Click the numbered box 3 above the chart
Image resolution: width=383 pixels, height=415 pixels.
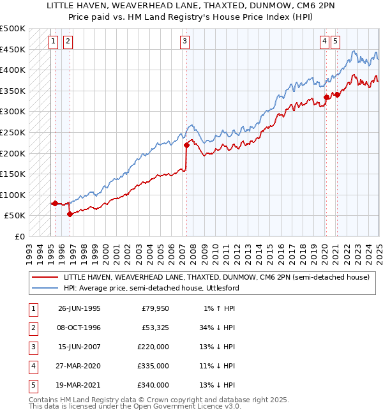click(x=184, y=41)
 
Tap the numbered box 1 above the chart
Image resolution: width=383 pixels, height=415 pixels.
click(x=52, y=41)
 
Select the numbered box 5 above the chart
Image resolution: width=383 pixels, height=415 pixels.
click(x=336, y=41)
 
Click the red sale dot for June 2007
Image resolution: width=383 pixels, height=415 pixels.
click(x=187, y=145)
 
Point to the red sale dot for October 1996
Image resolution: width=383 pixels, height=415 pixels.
click(x=70, y=214)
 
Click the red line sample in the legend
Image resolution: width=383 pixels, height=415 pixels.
click(x=45, y=278)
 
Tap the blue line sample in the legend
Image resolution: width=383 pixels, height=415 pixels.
click(x=45, y=288)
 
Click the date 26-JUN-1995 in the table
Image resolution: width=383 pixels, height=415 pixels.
click(x=79, y=309)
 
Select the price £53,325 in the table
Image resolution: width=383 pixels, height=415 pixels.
click(x=153, y=328)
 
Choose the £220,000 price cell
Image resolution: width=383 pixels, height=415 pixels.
click(x=153, y=347)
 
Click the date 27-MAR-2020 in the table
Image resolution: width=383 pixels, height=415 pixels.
click(x=79, y=366)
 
